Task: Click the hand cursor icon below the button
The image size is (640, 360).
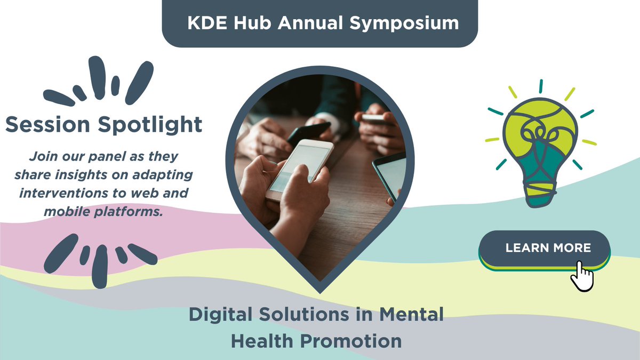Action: click(582, 276)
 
